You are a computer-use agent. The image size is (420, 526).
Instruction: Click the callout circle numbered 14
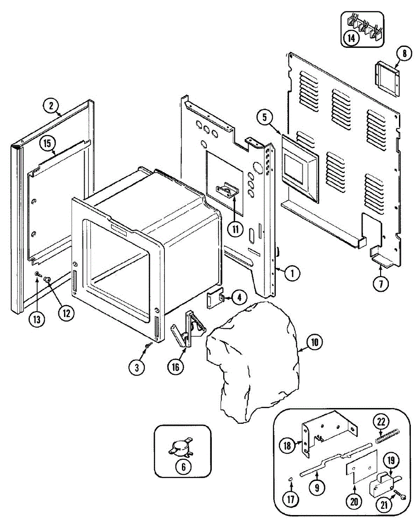[351, 37]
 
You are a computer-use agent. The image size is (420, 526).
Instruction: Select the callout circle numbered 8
[404, 53]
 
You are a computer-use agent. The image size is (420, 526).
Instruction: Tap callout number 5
[265, 117]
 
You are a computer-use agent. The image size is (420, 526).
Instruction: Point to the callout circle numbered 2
[51, 105]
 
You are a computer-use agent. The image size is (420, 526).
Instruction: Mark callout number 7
[381, 283]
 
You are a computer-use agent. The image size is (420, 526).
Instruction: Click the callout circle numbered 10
[314, 342]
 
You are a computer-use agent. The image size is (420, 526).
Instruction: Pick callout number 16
[175, 367]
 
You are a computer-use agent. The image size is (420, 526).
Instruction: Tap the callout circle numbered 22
[381, 422]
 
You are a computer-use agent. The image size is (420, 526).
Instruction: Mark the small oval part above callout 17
[291, 480]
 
